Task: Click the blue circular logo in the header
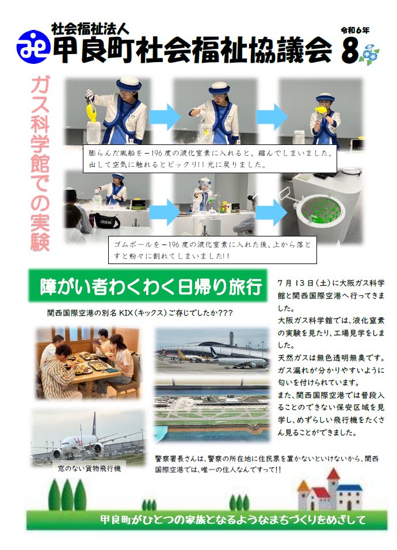[33, 47]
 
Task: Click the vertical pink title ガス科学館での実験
[40, 163]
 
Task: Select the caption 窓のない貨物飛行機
[89, 468]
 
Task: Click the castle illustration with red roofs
[329, 490]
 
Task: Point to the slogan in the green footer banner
[233, 519]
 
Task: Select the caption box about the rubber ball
[212, 250]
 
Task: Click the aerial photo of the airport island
[212, 411]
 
